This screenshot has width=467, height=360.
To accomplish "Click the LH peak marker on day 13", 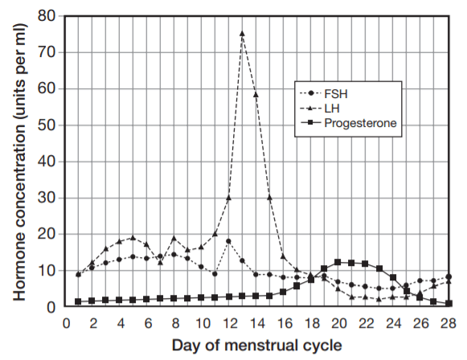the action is (242, 34).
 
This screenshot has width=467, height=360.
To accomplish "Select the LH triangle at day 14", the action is (256, 95).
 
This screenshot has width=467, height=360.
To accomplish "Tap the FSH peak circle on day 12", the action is (228, 241).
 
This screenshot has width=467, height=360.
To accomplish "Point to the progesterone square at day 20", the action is (338, 262).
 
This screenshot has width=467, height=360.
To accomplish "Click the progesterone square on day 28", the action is (449, 304).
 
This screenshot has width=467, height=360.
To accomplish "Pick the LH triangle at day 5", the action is (133, 238).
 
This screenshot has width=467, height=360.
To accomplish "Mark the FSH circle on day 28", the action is (449, 276).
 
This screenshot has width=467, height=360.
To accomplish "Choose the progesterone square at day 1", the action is (78, 301).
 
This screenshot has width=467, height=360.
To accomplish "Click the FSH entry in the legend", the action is (336, 94).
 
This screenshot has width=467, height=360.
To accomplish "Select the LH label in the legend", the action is (332, 108).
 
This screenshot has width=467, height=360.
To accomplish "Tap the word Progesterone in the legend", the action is (360, 123).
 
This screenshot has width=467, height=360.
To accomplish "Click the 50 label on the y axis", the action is (47, 125).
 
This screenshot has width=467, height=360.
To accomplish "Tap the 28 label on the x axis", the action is (449, 323).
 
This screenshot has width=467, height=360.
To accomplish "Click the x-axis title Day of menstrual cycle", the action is (256, 346).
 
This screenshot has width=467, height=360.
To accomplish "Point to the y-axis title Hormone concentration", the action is (19, 198).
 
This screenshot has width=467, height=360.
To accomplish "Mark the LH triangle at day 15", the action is (269, 198).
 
